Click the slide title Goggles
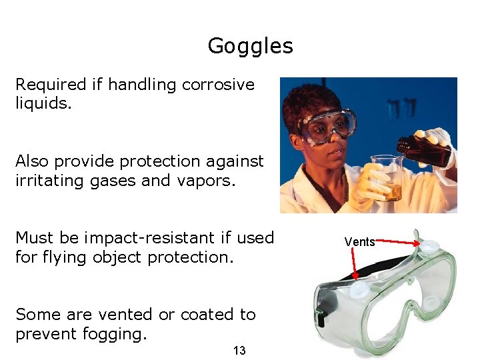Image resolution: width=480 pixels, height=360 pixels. pyautogui.click(x=250, y=46)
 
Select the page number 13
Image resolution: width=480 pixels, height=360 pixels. pyautogui.click(x=240, y=351)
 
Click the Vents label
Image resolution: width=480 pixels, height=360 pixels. pyautogui.click(x=359, y=242)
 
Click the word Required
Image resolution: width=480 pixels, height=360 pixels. pyautogui.click(x=51, y=85)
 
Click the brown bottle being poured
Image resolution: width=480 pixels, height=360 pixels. pyautogui.click(x=423, y=149)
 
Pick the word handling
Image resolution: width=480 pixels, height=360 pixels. pyautogui.click(x=143, y=85)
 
